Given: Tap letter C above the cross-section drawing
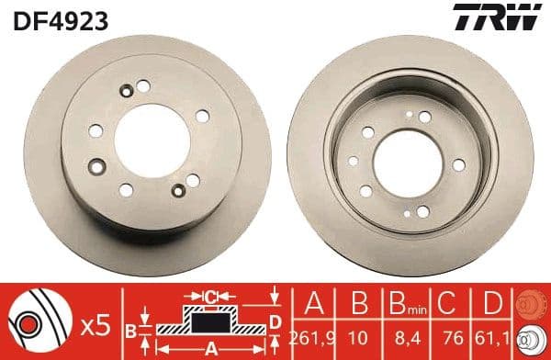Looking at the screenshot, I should (210, 297).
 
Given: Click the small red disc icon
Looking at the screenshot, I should (532, 304).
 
